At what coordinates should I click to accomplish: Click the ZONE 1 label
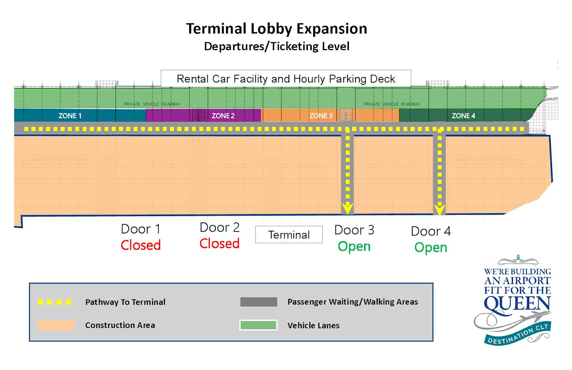click(x=70, y=115)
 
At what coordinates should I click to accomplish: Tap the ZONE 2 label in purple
click(x=223, y=115)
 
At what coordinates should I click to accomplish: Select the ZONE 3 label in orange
click(x=321, y=115)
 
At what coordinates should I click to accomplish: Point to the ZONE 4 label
click(x=463, y=115)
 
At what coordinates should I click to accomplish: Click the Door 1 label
click(x=140, y=229)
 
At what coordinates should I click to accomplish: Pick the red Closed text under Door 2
click(x=219, y=244)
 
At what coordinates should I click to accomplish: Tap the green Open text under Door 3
click(x=354, y=247)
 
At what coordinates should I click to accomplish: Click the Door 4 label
click(x=431, y=231)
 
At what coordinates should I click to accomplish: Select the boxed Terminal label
click(x=289, y=235)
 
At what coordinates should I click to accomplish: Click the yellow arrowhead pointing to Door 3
click(x=348, y=208)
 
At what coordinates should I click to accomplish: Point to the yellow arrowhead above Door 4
click(x=439, y=209)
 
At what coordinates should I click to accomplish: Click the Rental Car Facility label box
click(x=286, y=79)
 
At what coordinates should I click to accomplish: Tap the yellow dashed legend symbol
click(x=55, y=302)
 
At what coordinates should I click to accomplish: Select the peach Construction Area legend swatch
click(x=56, y=325)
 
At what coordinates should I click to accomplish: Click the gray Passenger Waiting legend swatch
click(x=258, y=302)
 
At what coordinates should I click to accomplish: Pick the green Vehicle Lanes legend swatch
click(x=258, y=325)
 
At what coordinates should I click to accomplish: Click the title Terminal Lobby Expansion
click(x=276, y=29)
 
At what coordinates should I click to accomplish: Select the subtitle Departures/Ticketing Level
click(x=276, y=46)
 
